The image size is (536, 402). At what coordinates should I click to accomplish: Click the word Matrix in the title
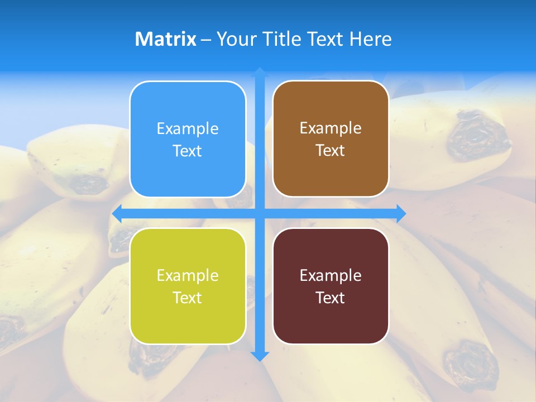(x=165, y=39)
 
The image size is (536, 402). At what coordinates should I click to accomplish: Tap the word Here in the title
(x=370, y=39)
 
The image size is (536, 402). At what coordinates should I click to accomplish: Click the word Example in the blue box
(x=188, y=129)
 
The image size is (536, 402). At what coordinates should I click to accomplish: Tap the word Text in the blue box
(x=188, y=151)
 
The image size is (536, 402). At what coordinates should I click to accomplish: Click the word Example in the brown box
(x=331, y=128)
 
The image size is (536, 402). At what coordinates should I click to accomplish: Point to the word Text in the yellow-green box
(x=188, y=298)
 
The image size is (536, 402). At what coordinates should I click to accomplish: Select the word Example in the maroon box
(x=331, y=275)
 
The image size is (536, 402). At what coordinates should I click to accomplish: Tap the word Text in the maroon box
(x=331, y=298)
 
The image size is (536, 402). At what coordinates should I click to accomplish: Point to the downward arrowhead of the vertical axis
(x=260, y=356)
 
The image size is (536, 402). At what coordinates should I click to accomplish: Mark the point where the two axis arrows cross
(x=260, y=213)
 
